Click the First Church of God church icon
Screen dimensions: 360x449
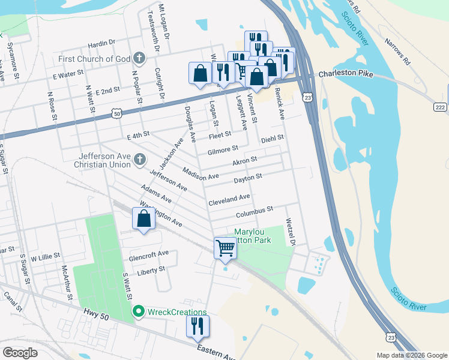pyautogui.click(x=139, y=59)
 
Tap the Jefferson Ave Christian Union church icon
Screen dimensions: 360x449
pyautogui.click(x=139, y=160)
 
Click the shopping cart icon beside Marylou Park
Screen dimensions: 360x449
pyautogui.click(x=225, y=247)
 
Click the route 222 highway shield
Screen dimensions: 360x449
pyautogui.click(x=440, y=106)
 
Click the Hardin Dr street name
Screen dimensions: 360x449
pyautogui.click(x=101, y=43)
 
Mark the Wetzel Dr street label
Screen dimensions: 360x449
pyautogui.click(x=291, y=232)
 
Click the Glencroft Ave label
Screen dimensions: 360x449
pyautogui.click(x=148, y=254)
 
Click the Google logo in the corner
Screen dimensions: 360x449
pyautogui.click(x=20, y=352)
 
